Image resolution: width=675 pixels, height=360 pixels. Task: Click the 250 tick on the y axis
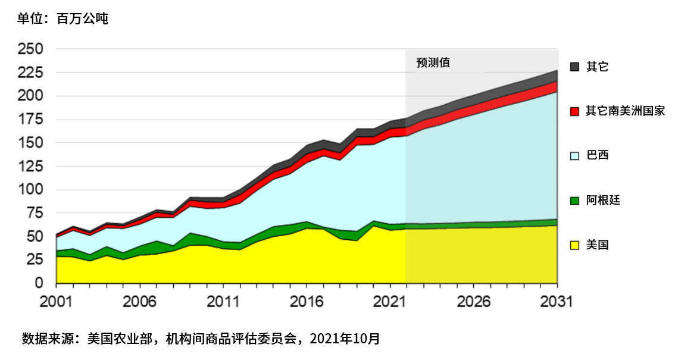[x=31, y=49]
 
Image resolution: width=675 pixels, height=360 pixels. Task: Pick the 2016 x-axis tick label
[x=307, y=302]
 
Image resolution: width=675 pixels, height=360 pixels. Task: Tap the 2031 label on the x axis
[x=557, y=302]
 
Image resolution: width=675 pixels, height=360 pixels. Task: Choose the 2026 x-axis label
[x=473, y=302]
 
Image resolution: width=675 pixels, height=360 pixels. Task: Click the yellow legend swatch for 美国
[x=574, y=245]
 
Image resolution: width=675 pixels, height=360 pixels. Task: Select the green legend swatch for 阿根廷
[x=574, y=201]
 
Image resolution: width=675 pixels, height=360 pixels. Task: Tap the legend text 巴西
[x=597, y=155]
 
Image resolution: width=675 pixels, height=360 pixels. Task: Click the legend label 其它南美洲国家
[x=625, y=111]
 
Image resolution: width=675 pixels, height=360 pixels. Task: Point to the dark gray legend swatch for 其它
[x=574, y=67]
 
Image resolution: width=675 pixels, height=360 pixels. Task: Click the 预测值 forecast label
[x=433, y=62]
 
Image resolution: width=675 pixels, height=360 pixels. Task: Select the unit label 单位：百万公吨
[x=62, y=19]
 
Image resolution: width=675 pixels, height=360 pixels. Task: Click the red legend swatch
[x=574, y=111]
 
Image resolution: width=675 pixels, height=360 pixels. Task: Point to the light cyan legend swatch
[x=574, y=156]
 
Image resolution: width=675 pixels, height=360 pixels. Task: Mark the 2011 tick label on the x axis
[x=223, y=302]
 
